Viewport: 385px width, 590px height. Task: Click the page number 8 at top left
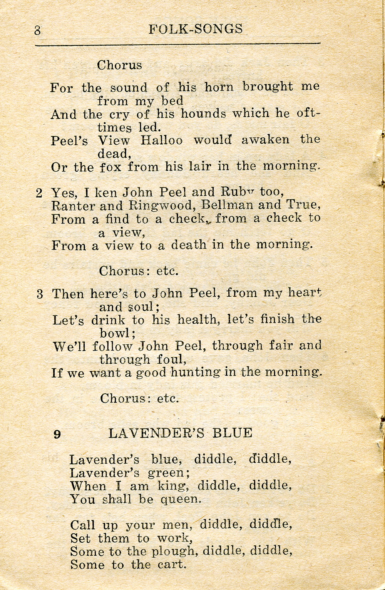(37, 30)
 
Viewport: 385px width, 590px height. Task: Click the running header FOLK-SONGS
(196, 29)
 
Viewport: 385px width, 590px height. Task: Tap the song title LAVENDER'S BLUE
(180, 433)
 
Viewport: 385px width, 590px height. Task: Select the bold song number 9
(57, 434)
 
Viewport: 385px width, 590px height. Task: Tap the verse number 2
(39, 193)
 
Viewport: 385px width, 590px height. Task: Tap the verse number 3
(40, 294)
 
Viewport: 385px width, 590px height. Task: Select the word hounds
(203, 114)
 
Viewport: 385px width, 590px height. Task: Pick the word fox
(111, 167)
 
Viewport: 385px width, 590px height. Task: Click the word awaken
(265, 139)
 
